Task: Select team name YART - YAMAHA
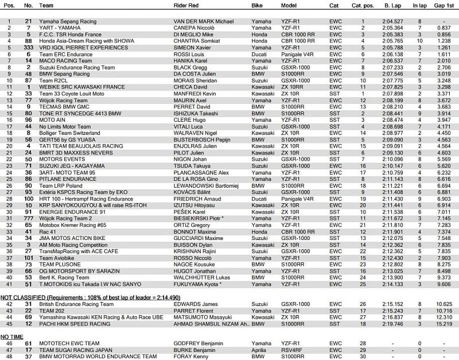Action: click(x=61, y=28)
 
